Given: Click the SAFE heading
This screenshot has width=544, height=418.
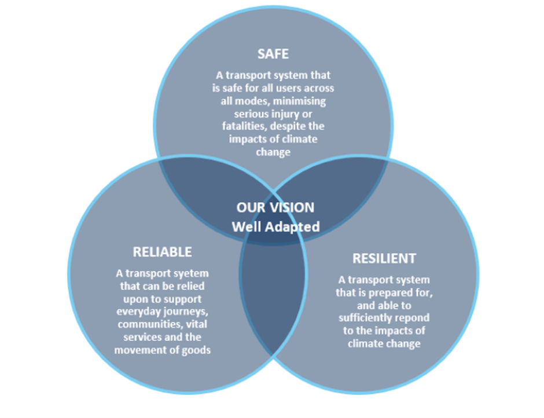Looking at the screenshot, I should (273, 54).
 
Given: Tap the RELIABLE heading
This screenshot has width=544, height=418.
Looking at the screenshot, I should (162, 252).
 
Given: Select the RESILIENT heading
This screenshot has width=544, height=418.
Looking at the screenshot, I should (384, 258).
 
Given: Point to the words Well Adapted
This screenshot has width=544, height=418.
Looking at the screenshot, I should (275, 226).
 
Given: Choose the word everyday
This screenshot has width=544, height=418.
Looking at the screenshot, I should (141, 311).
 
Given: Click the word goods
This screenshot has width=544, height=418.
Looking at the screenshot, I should (193, 350).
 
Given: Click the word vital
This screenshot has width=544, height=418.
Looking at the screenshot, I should (194, 324).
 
